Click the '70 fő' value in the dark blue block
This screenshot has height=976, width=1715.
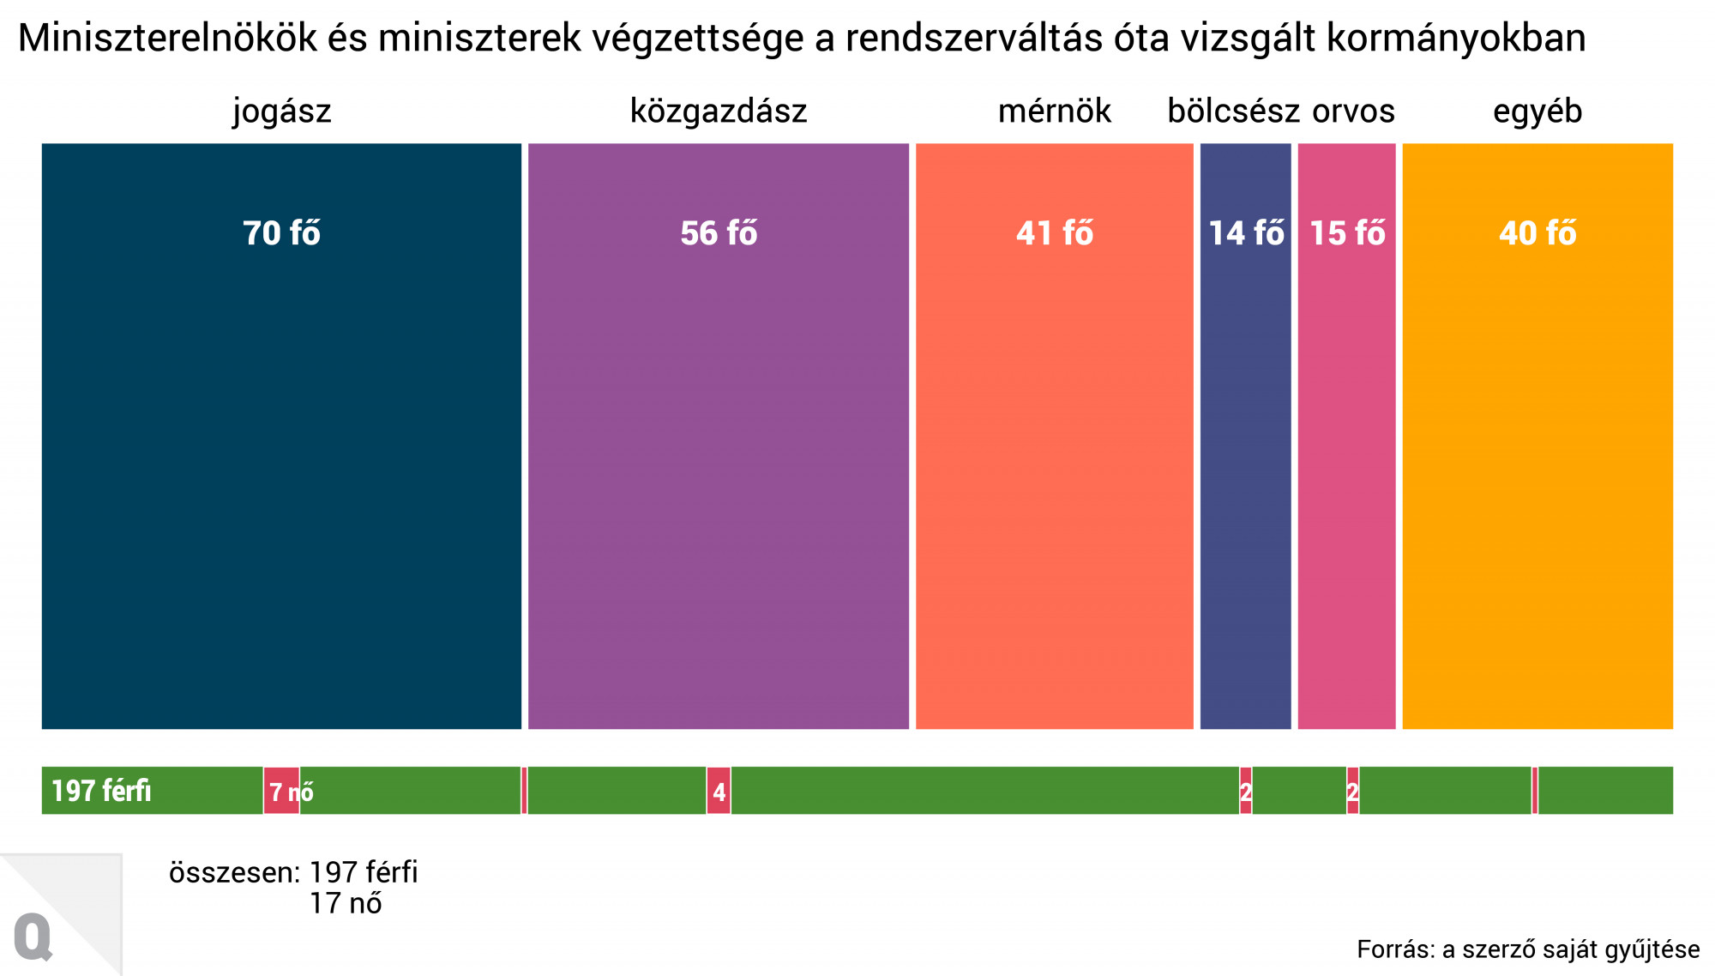point(281,233)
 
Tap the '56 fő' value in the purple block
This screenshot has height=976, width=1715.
point(719,233)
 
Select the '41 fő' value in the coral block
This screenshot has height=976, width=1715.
point(1055,233)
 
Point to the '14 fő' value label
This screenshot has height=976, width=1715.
point(1246,233)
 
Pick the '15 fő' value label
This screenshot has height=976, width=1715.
point(1347,233)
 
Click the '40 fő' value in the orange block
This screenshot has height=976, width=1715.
point(1537,233)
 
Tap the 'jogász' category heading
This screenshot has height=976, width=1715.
point(281,111)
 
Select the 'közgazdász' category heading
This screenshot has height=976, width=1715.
point(719,111)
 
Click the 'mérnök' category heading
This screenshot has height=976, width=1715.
point(1055,111)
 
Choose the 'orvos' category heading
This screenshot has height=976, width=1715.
point(1353,111)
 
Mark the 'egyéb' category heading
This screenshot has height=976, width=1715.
point(1537,111)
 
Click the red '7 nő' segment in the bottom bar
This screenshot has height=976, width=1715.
point(281,791)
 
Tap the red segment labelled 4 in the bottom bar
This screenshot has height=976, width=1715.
point(719,791)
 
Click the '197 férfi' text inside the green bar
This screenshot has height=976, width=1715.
point(101,791)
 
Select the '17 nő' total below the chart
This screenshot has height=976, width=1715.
point(346,904)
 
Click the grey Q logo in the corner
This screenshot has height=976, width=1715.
point(33,937)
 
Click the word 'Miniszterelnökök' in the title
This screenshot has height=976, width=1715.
point(167,39)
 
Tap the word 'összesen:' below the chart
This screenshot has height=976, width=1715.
point(234,873)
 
